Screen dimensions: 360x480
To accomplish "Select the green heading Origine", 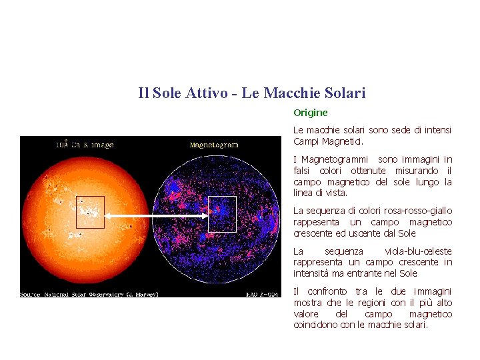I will [x=311, y=113].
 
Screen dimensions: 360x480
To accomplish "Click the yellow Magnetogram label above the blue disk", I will [x=214, y=145].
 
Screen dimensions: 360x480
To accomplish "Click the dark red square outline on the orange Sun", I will [x=90, y=212].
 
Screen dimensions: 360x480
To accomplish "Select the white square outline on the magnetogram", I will [x=222, y=214].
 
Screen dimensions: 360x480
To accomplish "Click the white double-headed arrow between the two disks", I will [x=156, y=217].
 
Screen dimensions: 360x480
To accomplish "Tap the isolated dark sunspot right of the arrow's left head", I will [x=131, y=227].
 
